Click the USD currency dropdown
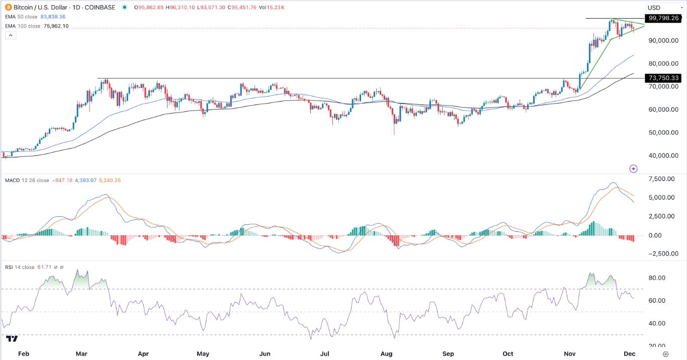click(x=660, y=8)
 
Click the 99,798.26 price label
click(x=664, y=18)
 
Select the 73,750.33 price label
click(x=664, y=78)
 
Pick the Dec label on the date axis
click(x=630, y=354)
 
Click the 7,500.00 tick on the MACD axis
click(x=661, y=179)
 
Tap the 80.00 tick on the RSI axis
click(x=656, y=278)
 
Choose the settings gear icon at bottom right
click(x=665, y=354)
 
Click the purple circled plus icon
click(x=634, y=168)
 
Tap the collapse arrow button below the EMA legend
click(x=10, y=35)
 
